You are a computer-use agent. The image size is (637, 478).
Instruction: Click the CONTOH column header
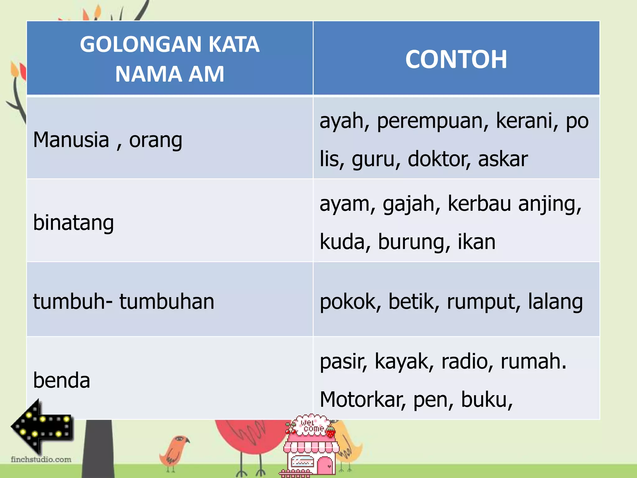[x=456, y=59]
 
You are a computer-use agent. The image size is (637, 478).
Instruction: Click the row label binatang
[x=73, y=223]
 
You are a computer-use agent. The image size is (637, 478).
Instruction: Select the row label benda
[x=62, y=380]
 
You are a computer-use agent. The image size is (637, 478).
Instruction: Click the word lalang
[x=555, y=302]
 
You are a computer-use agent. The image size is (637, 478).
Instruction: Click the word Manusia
[x=71, y=140]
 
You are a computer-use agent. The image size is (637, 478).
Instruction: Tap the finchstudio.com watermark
[x=41, y=459]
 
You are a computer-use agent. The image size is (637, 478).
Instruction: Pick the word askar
[x=503, y=159]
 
